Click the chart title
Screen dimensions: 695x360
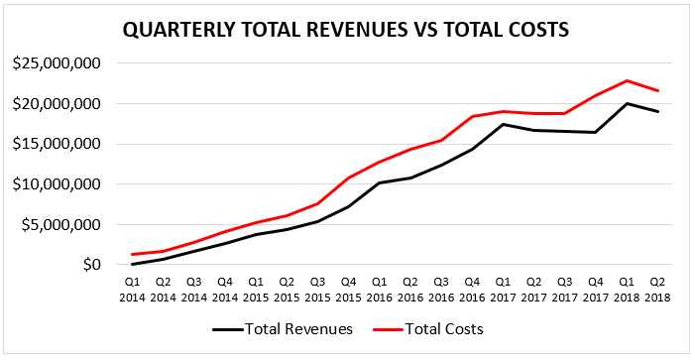tap(345, 31)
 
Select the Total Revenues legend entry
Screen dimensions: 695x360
tap(283, 329)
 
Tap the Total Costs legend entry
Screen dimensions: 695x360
tap(428, 329)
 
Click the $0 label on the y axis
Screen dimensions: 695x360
tap(95, 265)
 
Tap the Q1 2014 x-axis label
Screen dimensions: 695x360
tap(132, 290)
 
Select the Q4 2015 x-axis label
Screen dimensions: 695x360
tap(348, 290)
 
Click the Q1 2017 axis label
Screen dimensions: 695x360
tap(503, 290)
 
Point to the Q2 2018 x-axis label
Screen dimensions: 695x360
tap(657, 290)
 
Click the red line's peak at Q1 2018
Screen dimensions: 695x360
tap(627, 80)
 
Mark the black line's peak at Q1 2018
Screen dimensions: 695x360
tap(627, 104)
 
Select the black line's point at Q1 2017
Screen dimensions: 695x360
tap(503, 125)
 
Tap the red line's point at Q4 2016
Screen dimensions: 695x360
tap(472, 117)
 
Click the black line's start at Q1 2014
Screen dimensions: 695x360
tap(132, 264)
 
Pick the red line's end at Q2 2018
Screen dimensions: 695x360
tap(657, 91)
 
